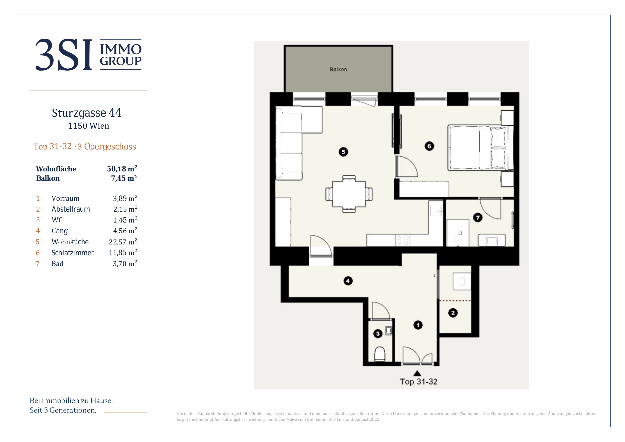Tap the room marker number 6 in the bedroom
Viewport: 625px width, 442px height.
click(429, 146)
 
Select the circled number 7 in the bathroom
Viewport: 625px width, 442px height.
click(478, 218)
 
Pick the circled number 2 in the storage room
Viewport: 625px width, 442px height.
click(453, 313)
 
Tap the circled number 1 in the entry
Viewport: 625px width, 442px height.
click(418, 325)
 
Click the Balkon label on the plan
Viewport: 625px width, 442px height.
click(338, 69)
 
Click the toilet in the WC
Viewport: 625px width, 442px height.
click(380, 354)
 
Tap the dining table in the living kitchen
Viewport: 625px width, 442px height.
click(349, 194)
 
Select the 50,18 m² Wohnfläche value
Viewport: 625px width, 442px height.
click(122, 169)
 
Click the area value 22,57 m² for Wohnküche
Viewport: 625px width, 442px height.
click(123, 242)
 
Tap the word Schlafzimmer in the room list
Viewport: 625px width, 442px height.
click(72, 253)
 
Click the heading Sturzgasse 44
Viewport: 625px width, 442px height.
click(87, 113)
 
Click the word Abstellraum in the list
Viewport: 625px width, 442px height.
click(71, 209)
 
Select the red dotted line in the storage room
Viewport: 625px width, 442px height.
click(455, 301)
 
